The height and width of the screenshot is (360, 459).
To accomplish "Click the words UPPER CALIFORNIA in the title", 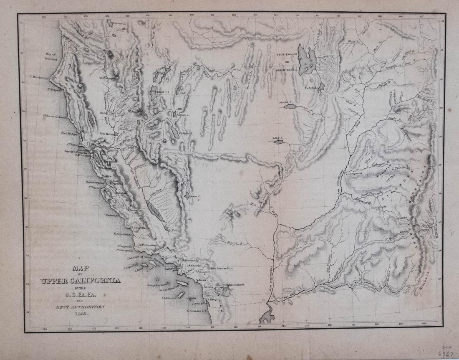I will (80, 280).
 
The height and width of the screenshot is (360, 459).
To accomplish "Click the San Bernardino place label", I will (222, 268).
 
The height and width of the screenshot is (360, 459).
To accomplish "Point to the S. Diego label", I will (213, 299).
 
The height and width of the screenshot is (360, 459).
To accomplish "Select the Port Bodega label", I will (69, 134).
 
